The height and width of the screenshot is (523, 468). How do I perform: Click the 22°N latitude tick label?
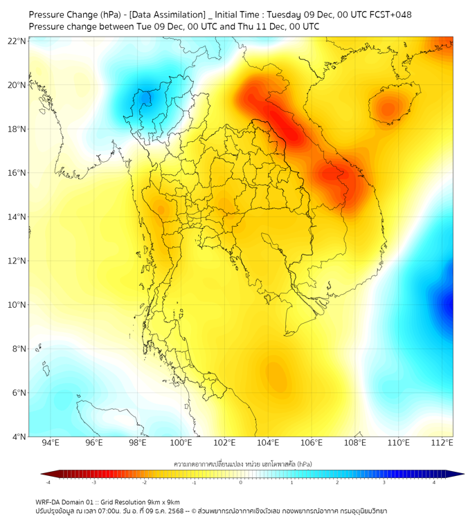pyautogui.click(x=17, y=41)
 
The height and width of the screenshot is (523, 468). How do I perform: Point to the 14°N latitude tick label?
pyautogui.click(x=17, y=217)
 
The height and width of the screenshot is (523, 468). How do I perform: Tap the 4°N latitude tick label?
pyautogui.click(x=19, y=437)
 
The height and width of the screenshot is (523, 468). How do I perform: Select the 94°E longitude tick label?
pyautogui.click(x=51, y=443)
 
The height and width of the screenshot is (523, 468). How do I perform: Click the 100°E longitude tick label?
pyautogui.click(x=181, y=443)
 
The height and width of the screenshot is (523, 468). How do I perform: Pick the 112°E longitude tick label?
pyautogui.click(x=442, y=443)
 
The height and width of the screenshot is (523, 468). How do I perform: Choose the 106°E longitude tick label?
pyautogui.click(x=312, y=443)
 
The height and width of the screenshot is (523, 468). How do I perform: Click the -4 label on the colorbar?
pyautogui.click(x=48, y=482)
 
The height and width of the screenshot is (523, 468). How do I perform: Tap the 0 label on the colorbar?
pyautogui.click(x=241, y=482)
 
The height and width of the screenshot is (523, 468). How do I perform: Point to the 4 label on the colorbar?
pyautogui.click(x=434, y=482)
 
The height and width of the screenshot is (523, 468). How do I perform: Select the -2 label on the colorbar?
pyautogui.click(x=144, y=482)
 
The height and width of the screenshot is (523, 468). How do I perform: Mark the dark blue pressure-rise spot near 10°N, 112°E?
pyautogui.click(x=448, y=304)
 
